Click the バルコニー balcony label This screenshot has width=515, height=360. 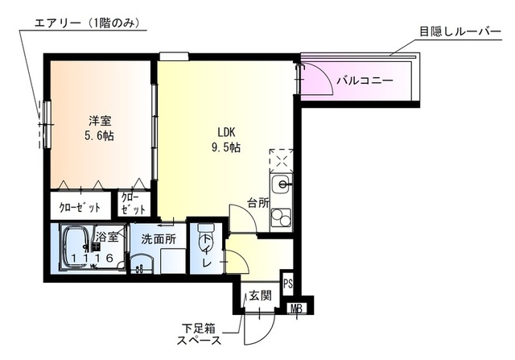[365, 81]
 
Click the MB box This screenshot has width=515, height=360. [296, 307]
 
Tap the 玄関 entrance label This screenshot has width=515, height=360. [260, 295]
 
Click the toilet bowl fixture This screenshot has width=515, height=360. [204, 242]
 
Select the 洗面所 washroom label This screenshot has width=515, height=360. [158, 238]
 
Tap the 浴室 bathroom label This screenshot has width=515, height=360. [108, 237]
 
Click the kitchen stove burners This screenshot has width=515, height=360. [281, 218]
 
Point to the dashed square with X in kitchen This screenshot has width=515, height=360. [281, 159]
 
